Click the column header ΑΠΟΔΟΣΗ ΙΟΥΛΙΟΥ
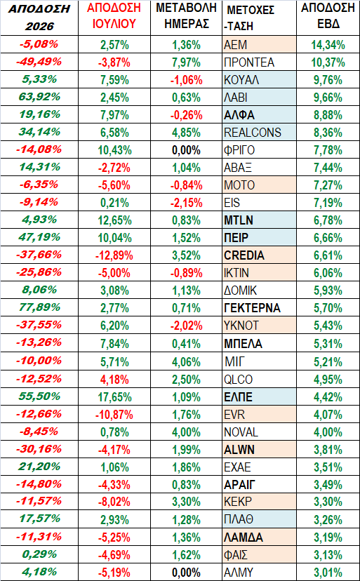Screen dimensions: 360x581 coord(114,16)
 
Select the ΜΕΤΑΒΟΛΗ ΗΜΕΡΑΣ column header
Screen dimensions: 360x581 coord(187,16)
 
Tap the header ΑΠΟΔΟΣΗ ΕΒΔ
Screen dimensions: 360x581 coord(328,16)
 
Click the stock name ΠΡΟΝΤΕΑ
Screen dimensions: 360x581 coord(249,62)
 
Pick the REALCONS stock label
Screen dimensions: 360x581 coord(253,133)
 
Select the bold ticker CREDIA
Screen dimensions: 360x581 coord(244,255)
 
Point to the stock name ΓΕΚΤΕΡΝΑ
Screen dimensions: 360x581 coord(252,308)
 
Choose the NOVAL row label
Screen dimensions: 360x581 coord(241,432)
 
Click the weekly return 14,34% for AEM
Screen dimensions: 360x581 coord(328,45)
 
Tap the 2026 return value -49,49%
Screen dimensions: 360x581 coord(39,62)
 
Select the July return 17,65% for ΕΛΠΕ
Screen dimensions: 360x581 coord(114,397)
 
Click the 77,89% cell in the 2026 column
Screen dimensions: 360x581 coord(39,307)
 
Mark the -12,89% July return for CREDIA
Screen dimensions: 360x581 coord(114,255)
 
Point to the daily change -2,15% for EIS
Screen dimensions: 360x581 coord(187,203)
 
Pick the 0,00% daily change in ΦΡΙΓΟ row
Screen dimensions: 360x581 coord(187,150)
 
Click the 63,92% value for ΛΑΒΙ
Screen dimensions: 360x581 coord(39,97)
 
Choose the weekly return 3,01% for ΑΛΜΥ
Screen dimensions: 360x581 coord(328,572)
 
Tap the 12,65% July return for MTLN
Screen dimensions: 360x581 coord(114,220)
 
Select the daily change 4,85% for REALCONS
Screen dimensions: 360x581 coord(187,133)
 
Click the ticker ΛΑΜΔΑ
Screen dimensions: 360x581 coord(244,537)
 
